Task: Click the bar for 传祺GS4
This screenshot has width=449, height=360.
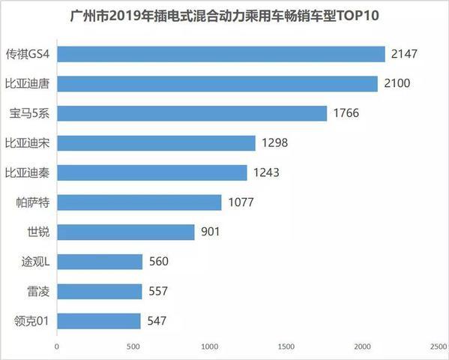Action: pyautogui.click(x=221, y=54)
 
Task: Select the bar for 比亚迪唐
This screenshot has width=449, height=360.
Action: pyautogui.click(x=217, y=83)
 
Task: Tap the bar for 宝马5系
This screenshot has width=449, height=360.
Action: pyautogui.click(x=192, y=113)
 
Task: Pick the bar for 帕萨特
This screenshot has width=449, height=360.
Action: pyautogui.click(x=139, y=202)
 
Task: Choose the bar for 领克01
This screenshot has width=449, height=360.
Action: pyautogui.click(x=99, y=321)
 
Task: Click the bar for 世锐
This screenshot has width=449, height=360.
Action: pyautogui.click(x=126, y=232)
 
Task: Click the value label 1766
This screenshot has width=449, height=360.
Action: pyautogui.click(x=345, y=113)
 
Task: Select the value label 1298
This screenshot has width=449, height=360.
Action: pyautogui.click(x=274, y=142)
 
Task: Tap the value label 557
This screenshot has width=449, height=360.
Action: pyautogui.click(x=157, y=292)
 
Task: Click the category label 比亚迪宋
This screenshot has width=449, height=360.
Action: pyautogui.click(x=27, y=142)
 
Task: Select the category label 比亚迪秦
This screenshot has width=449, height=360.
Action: pyautogui.click(x=27, y=172)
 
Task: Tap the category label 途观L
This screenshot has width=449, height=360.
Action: pyautogui.click(x=35, y=262)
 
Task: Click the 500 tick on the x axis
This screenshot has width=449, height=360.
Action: pyautogui.click(x=133, y=347)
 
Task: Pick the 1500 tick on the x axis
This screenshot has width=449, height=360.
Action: pyautogui.click(x=286, y=347)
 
